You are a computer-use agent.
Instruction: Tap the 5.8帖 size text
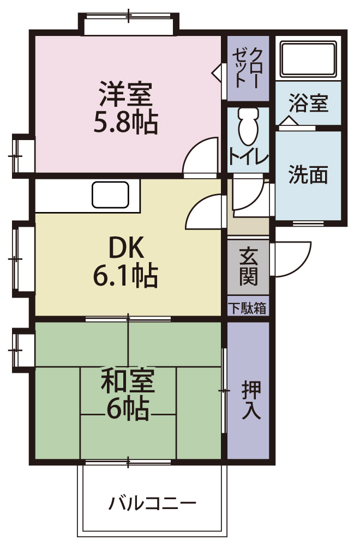[x=125, y=123]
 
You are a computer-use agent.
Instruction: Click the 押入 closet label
[x=251, y=401]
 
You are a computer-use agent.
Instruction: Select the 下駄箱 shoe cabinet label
[x=248, y=308]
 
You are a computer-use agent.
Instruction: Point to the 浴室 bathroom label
[x=308, y=103]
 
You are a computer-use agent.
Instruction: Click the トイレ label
[x=248, y=156]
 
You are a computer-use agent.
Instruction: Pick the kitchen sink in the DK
[x=110, y=195]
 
